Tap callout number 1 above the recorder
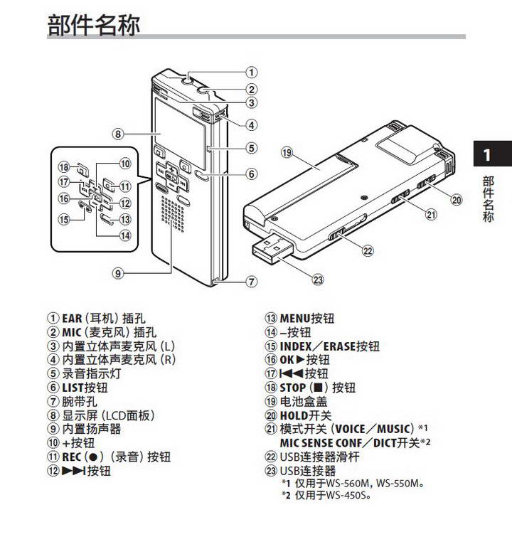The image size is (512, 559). pyautogui.click(x=251, y=72)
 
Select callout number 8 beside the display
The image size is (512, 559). pyautogui.click(x=118, y=133)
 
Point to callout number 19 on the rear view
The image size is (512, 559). pyautogui.click(x=287, y=151)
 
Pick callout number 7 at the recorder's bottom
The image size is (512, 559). pyautogui.click(x=251, y=282)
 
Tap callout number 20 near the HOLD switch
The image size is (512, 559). pyautogui.click(x=457, y=200)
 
